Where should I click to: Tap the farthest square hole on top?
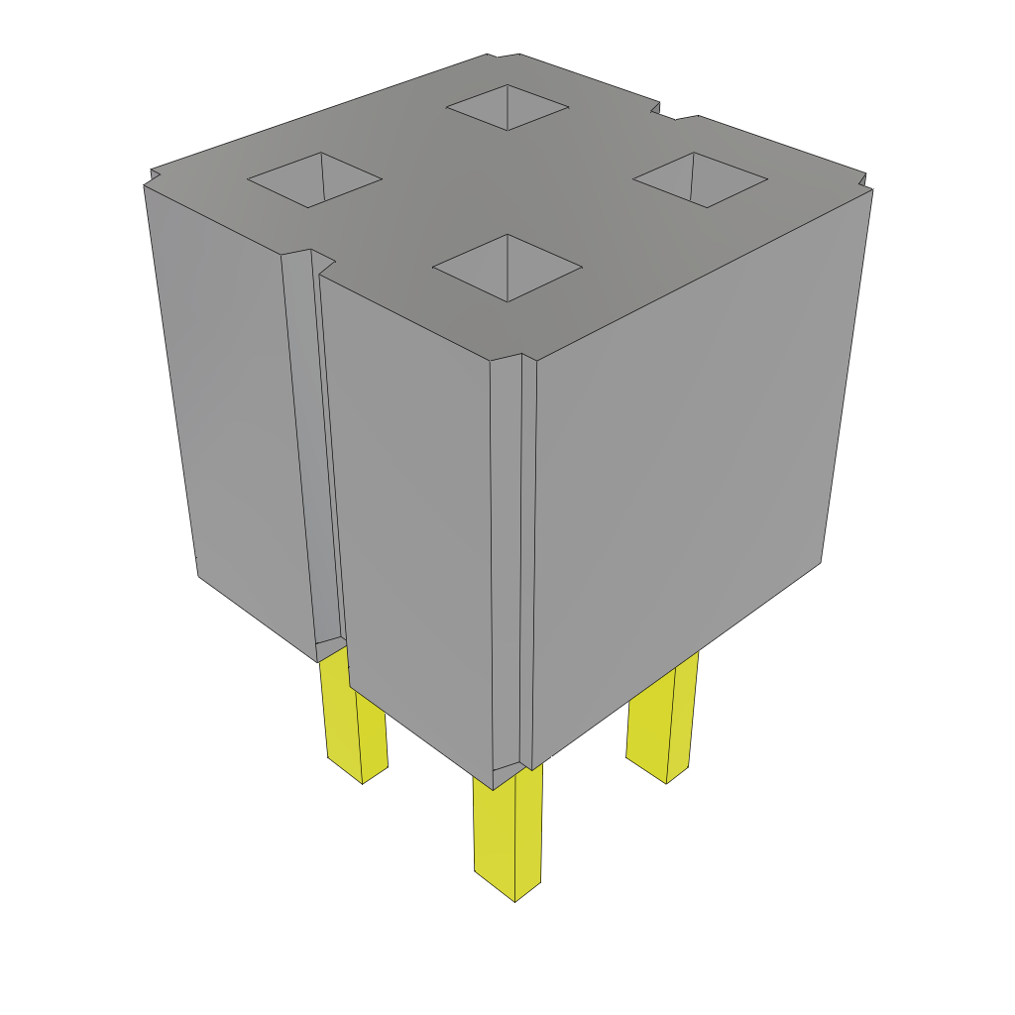(x=507, y=106)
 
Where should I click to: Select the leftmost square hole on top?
(x=314, y=180)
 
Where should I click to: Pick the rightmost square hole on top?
(x=700, y=179)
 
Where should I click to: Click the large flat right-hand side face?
(x=684, y=466)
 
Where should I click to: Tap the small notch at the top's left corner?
(x=152, y=176)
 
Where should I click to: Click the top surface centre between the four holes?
(x=506, y=188)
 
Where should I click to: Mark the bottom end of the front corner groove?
(x=507, y=769)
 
